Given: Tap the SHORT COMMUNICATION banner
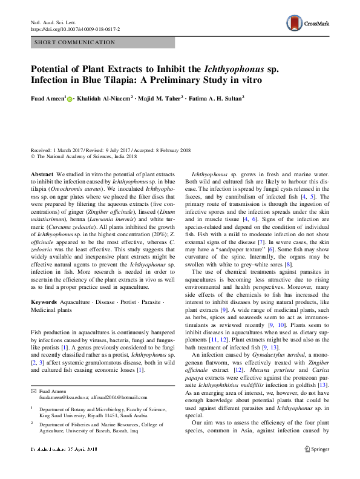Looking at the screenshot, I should point(75,42).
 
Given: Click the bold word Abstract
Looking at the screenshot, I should point(43,174).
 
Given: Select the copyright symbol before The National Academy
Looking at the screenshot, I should point(33,156).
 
